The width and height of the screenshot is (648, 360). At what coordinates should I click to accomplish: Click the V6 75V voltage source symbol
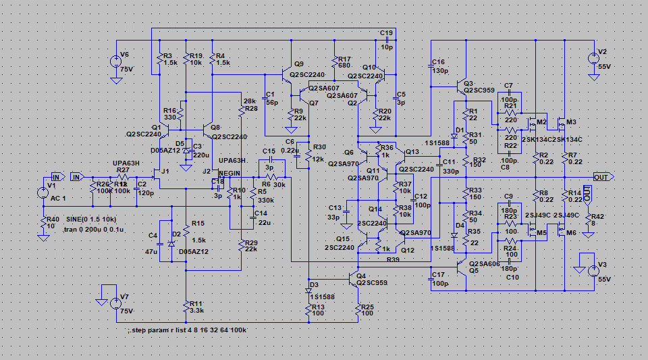(x=115, y=61)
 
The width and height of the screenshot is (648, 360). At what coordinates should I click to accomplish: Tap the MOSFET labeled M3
(x=561, y=124)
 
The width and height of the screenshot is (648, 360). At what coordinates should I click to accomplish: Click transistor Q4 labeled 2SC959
(x=354, y=278)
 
